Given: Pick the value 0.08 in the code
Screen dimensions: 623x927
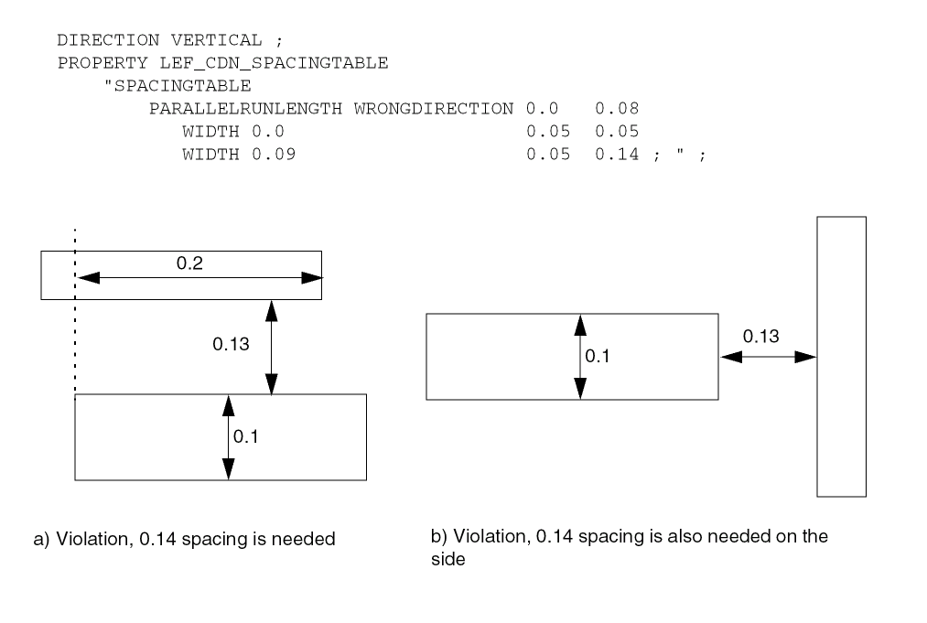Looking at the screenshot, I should point(610,109).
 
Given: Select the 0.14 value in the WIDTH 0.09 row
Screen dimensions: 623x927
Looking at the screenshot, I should point(610,154).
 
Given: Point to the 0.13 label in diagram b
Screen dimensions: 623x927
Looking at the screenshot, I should point(760,337).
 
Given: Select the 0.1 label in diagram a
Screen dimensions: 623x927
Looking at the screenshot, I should point(245,437).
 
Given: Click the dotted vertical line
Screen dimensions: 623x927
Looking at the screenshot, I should point(75,320).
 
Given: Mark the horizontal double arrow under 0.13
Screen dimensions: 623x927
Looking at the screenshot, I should point(768,357).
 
